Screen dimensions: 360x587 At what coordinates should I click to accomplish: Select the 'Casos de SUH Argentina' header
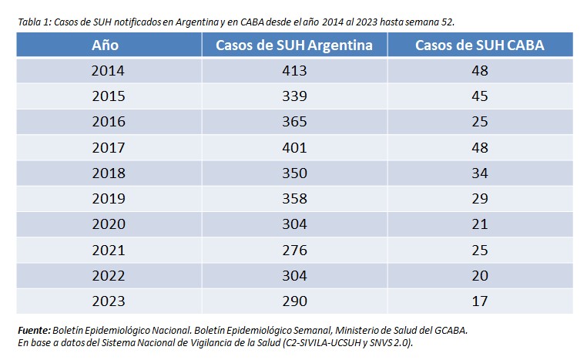point(294,45)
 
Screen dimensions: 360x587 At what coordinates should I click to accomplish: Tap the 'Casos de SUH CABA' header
point(479,45)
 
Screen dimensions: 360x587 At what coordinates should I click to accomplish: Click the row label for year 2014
point(108,71)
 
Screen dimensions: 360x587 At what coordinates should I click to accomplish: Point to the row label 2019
point(108,199)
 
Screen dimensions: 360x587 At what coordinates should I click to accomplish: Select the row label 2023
point(108,301)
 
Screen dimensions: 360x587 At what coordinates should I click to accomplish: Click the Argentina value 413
point(294,71)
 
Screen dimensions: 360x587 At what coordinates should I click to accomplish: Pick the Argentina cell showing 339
point(294,96)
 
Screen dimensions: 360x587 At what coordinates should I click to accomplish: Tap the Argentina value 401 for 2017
point(294,147)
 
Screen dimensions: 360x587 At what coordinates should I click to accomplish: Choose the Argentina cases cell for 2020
point(294,224)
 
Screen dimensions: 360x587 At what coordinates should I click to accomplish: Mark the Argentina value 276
point(294,250)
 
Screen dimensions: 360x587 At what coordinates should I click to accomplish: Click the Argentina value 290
point(294,301)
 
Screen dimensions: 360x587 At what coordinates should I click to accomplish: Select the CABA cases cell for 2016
point(479,122)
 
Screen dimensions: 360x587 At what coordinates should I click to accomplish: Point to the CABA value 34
point(479,173)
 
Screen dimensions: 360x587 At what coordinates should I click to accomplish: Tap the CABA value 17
point(479,301)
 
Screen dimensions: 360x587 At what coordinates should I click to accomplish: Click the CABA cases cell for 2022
point(479,276)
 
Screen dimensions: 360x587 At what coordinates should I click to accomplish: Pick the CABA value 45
point(479,96)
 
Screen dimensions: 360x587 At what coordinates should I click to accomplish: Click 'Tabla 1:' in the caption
point(35,21)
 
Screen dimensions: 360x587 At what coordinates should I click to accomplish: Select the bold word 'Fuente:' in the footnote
point(35,330)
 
